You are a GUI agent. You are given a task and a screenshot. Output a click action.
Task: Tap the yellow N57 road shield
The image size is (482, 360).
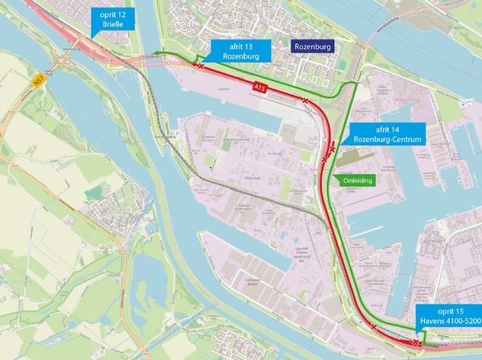click(x=39, y=80)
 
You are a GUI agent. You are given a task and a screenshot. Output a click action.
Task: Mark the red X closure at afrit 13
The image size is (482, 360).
click(x=200, y=68)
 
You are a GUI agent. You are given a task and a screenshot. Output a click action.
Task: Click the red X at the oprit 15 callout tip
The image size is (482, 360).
click(x=415, y=342)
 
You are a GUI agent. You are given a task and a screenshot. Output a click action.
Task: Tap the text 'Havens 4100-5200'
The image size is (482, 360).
click(x=448, y=324)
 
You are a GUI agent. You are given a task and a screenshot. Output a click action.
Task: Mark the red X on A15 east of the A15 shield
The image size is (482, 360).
click(x=306, y=100)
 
